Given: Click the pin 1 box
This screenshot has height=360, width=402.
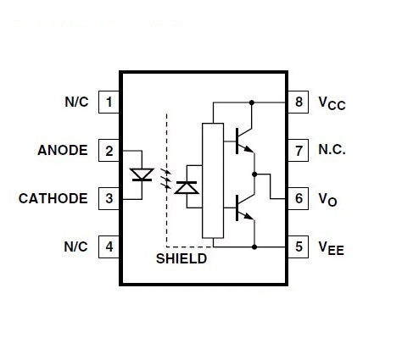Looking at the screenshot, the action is [x=109, y=102].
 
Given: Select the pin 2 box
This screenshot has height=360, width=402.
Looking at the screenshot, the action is [x=109, y=151].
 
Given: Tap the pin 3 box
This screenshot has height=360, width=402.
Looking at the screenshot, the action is [x=109, y=198].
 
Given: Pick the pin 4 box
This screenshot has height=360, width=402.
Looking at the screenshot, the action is [x=109, y=246].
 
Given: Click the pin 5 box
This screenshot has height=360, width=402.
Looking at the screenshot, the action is [x=299, y=246].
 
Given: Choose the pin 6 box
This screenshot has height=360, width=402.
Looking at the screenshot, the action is [x=299, y=198].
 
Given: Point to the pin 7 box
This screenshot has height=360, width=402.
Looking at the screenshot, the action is [x=299, y=151].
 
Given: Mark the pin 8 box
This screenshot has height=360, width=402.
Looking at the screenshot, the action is [x=299, y=102].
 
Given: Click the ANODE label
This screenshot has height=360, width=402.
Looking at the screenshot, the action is [x=63, y=150].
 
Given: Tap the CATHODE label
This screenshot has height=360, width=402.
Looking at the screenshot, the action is [x=53, y=198].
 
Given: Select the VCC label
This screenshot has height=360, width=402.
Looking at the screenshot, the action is [x=332, y=103].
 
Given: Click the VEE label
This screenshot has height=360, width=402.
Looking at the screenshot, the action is [x=332, y=248].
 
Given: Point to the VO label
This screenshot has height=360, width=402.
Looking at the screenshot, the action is [x=327, y=200].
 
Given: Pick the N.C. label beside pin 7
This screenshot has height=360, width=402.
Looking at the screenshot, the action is [x=332, y=150].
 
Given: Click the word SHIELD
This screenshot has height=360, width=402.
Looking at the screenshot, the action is [x=181, y=258].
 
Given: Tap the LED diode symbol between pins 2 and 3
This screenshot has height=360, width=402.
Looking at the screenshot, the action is [x=142, y=174].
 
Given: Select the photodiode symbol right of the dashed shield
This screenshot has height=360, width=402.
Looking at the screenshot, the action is [x=187, y=188].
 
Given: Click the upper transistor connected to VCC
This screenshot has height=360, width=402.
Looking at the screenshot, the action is [x=244, y=141].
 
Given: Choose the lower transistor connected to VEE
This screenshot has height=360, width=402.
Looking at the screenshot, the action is [x=244, y=208].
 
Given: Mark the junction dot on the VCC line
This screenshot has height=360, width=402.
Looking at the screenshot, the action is [x=252, y=102].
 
